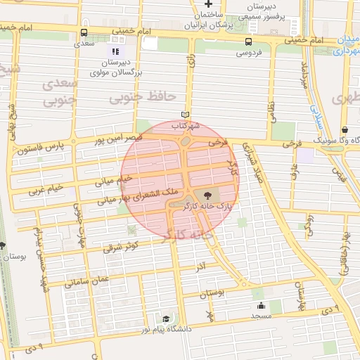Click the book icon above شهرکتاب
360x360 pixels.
(x=186, y=115)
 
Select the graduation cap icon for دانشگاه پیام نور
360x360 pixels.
(x=166, y=319)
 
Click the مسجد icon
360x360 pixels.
(x=261, y=305)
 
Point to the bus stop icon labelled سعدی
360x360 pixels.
(x=84, y=33)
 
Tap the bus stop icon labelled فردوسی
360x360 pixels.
(x=251, y=41)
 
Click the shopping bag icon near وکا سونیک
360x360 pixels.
(x=345, y=130)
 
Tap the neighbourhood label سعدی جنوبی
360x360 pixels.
(x=59, y=93)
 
